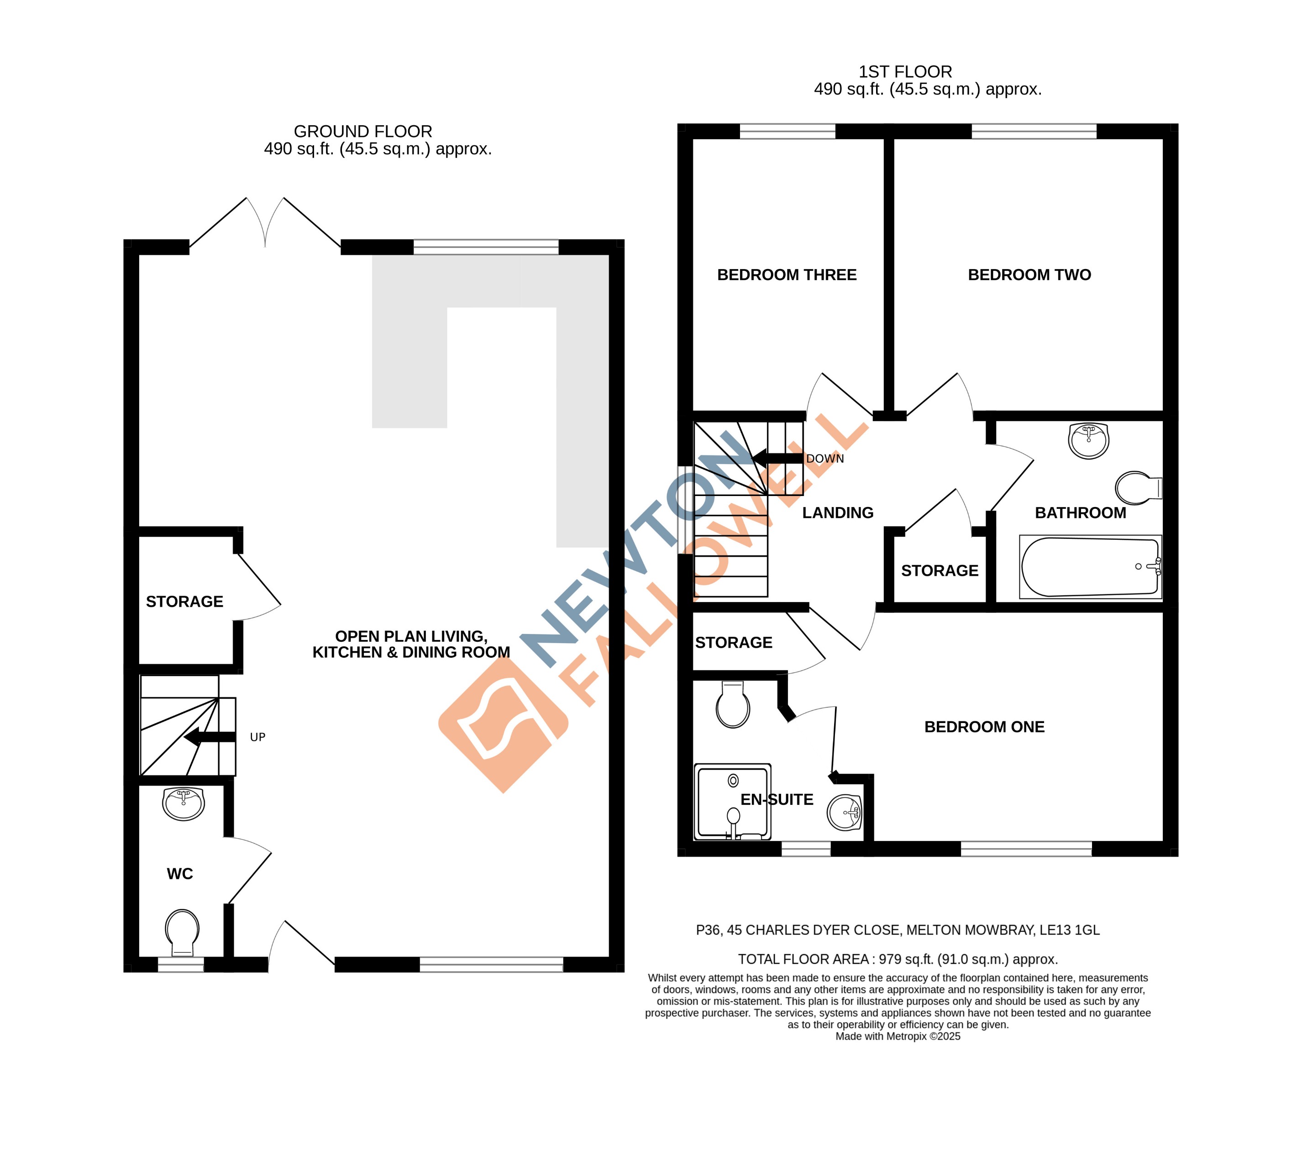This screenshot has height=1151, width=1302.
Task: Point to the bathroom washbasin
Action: click(1089, 440)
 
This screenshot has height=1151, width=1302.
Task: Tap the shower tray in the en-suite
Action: click(733, 802)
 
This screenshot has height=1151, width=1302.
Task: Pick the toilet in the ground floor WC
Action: click(182, 932)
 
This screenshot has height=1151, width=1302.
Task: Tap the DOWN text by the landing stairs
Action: click(824, 459)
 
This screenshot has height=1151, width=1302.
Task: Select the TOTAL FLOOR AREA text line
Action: click(898, 959)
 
